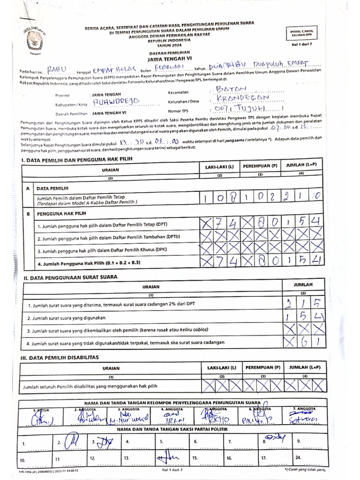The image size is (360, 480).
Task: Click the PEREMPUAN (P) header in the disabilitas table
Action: coord(263,367)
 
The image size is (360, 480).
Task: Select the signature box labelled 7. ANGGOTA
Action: coord(304,415)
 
